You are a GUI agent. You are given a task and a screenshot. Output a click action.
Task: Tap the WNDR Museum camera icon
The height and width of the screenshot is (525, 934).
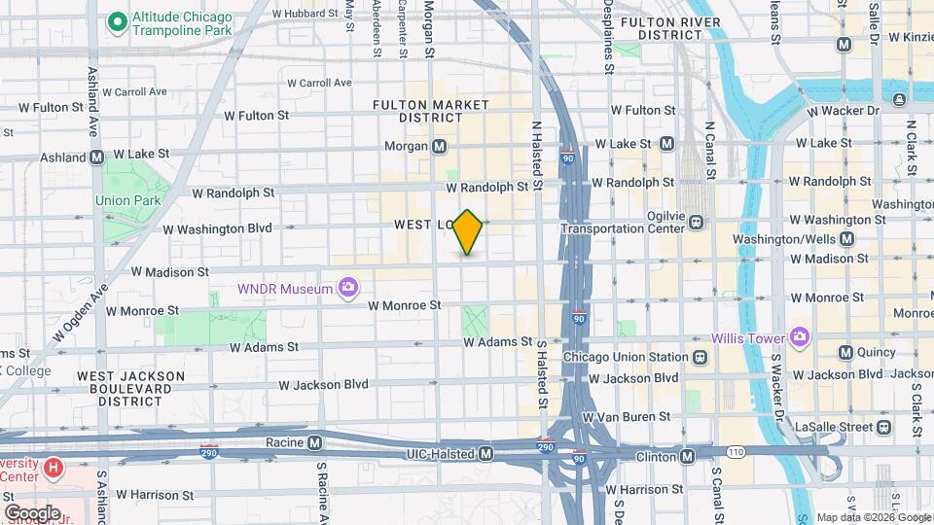(347, 287)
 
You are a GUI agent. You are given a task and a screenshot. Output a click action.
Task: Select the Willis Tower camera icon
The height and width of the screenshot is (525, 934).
(800, 337)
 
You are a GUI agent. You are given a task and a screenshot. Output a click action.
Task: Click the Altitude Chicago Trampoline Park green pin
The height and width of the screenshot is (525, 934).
(118, 19)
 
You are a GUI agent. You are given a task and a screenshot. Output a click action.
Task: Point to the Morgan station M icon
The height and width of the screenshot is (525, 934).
(440, 147)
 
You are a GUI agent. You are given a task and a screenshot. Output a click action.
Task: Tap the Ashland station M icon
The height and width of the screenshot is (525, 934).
(97, 157)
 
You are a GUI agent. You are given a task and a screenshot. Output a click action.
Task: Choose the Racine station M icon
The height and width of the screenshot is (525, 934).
(314, 442)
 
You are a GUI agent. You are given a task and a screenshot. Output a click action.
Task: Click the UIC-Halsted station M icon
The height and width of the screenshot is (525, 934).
(485, 454)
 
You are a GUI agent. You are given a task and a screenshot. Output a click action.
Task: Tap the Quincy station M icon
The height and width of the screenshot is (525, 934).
(845, 352)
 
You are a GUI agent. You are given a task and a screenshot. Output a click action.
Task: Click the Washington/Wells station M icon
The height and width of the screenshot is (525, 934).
(846, 238)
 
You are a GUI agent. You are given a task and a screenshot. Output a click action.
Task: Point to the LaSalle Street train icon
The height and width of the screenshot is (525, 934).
(883, 427)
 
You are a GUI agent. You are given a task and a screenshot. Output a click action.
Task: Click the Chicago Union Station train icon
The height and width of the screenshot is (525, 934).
(700, 357)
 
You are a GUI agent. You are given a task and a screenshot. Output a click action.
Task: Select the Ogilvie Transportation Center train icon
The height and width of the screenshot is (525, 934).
(697, 222)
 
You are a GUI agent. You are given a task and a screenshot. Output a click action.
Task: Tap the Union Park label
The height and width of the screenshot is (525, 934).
(120, 201)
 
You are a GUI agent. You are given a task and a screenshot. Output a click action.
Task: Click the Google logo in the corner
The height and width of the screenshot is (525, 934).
(32, 512)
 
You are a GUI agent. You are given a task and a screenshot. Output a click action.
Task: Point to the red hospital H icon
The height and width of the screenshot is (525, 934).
(54, 469)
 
